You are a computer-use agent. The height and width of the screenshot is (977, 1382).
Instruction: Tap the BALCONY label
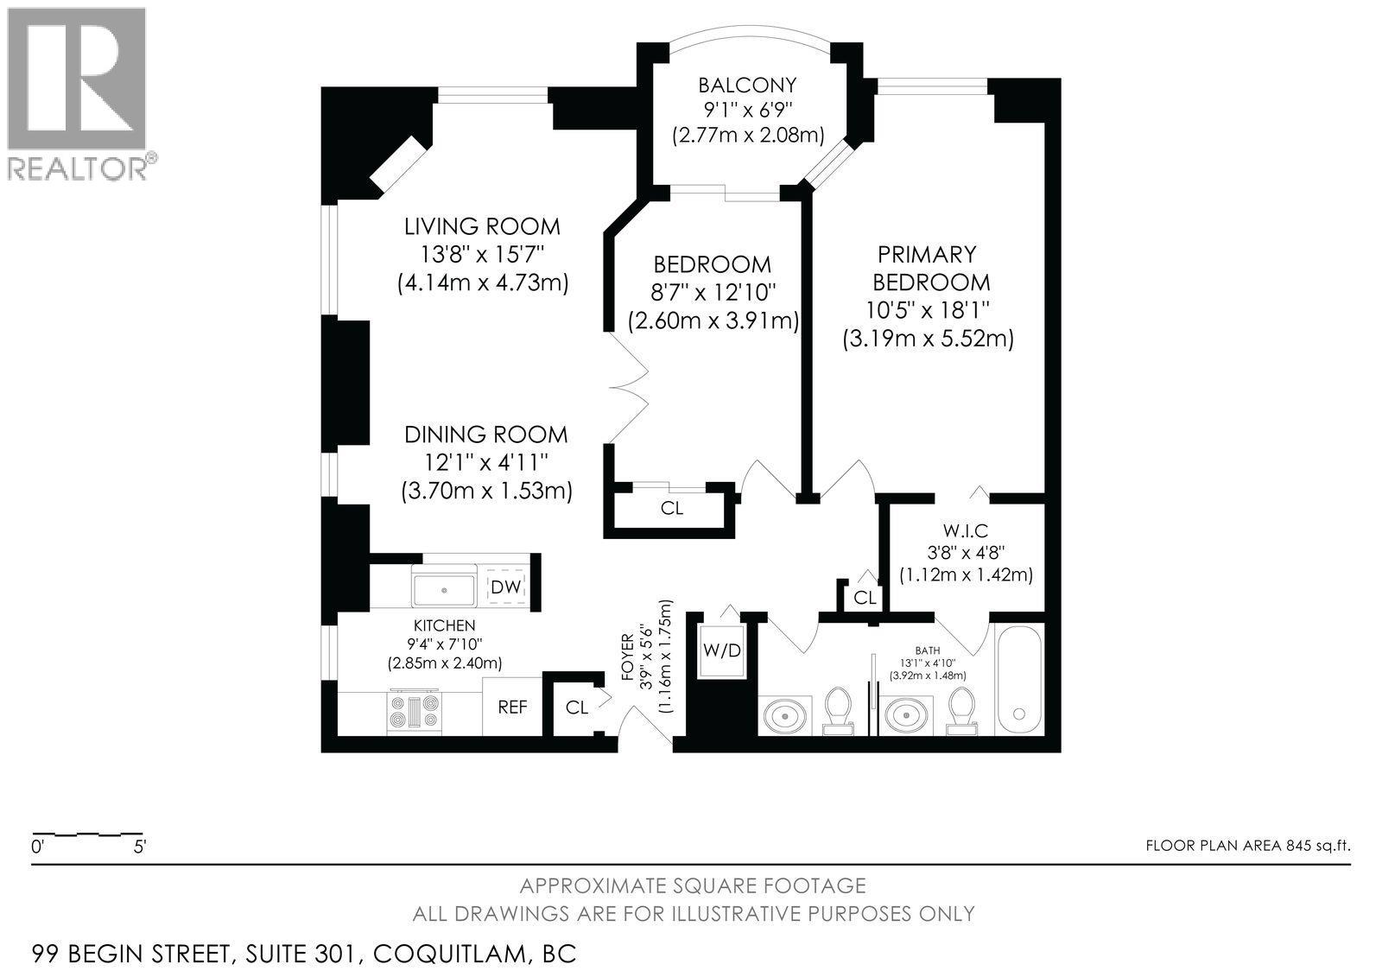click(747, 86)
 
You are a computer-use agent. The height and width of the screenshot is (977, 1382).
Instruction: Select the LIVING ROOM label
click(482, 227)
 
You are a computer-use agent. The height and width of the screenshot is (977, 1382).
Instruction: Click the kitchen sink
click(444, 589)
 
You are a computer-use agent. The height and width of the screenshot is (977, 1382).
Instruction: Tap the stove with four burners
click(417, 712)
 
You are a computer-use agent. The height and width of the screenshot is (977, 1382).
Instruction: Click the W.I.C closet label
click(966, 530)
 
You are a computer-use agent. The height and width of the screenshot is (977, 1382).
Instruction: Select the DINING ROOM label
click(486, 435)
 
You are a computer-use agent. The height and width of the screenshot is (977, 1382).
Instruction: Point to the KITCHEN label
click(444, 625)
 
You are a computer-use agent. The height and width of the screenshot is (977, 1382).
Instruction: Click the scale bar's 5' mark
click(139, 847)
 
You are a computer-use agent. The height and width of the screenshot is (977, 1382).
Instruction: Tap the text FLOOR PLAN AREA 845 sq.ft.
click(1247, 846)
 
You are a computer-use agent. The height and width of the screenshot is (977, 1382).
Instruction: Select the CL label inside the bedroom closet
click(672, 509)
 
